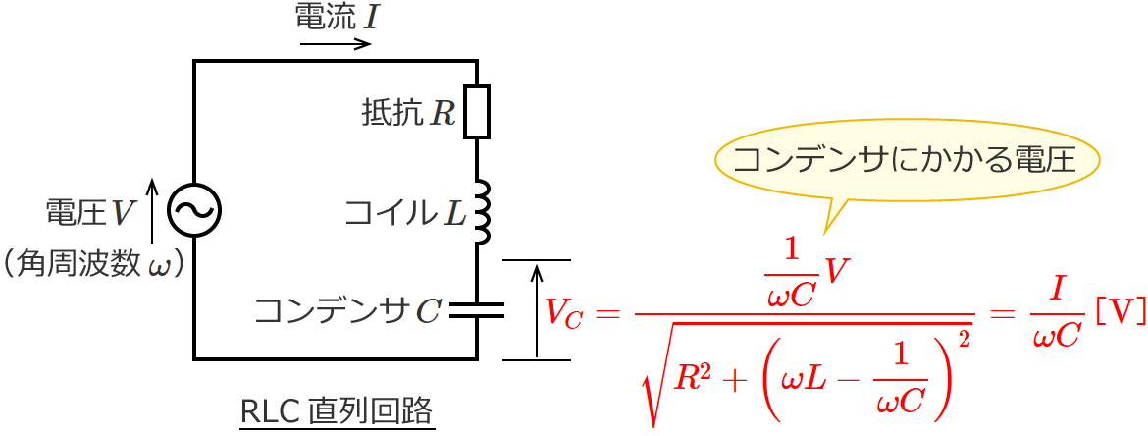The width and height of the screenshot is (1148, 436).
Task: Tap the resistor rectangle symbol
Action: point(476,111)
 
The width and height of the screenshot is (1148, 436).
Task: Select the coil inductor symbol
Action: point(482,211)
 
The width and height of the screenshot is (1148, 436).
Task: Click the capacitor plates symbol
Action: point(476,311)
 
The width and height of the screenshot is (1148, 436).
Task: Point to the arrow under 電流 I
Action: point(336,44)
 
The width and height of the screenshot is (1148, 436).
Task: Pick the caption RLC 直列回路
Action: point(337,409)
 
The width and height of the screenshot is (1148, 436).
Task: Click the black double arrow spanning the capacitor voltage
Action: point(536,310)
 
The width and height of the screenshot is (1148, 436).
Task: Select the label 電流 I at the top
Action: point(335,17)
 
